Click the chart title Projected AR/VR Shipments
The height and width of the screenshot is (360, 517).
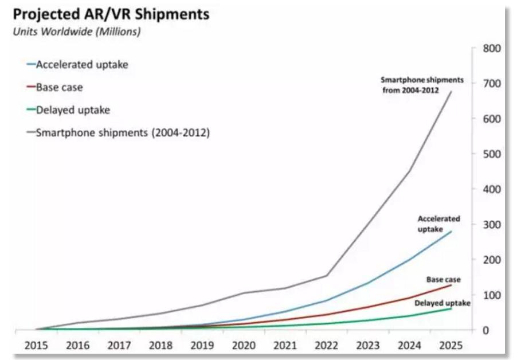click(111, 14)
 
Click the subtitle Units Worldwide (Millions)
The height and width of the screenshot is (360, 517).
click(77, 32)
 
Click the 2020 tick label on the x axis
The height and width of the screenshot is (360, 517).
click(245, 347)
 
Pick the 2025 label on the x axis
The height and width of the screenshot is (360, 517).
click(451, 347)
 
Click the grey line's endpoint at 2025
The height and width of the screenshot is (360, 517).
click(451, 92)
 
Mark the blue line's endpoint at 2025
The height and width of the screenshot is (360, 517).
click(451, 232)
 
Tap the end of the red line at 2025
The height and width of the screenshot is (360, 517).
click(451, 285)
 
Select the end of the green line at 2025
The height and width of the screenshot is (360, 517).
click(451, 308)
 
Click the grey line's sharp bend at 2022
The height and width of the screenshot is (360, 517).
click(327, 276)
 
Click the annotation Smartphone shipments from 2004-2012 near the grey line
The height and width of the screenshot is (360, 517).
click(422, 85)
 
